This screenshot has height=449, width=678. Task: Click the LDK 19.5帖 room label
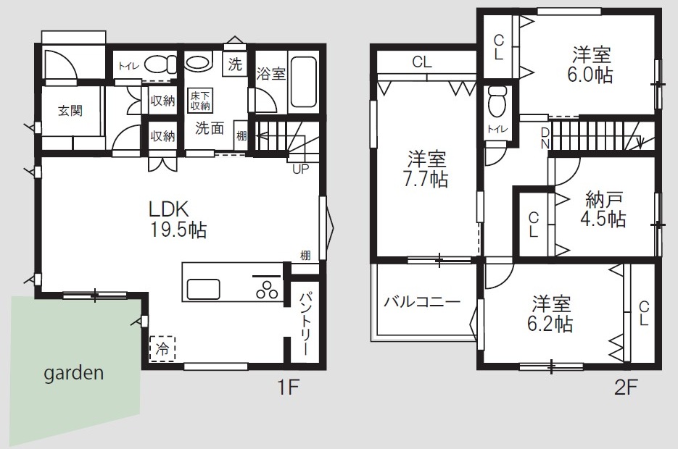point(178,219)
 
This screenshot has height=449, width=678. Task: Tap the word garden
point(74,373)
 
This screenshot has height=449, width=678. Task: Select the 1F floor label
point(288,387)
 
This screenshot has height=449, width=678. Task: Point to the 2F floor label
point(626,387)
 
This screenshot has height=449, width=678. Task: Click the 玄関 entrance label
point(70,111)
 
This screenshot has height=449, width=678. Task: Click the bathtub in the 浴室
point(305,82)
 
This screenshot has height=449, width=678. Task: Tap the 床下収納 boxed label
point(200,100)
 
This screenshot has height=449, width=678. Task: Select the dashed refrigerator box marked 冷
point(162,348)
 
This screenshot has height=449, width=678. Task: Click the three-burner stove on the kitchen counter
point(267,290)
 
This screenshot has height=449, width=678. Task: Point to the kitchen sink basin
point(203,288)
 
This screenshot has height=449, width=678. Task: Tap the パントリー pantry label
point(305,324)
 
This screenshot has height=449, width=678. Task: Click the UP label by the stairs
point(300,169)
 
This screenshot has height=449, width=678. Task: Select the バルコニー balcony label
point(422,301)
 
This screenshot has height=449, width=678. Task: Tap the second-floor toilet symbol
point(497,101)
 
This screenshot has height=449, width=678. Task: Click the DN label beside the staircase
point(545,138)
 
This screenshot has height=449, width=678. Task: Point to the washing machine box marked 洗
point(235,64)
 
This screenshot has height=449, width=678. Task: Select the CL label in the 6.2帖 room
point(643,314)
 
